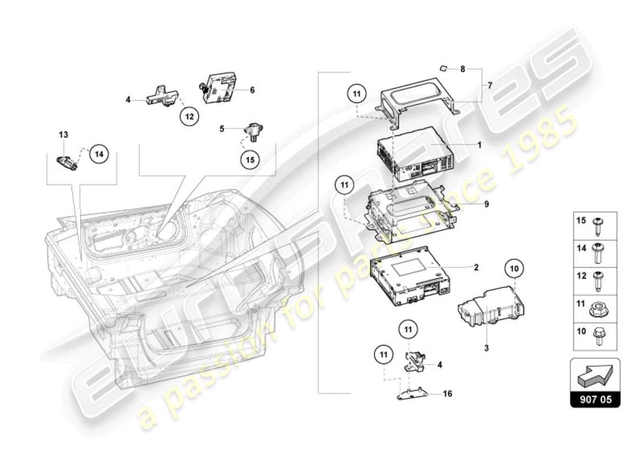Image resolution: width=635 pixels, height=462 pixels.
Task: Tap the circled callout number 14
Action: click(99, 154)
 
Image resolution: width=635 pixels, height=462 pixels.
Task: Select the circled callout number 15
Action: click(250, 161)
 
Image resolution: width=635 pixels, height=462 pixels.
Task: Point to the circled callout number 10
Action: click(514, 268)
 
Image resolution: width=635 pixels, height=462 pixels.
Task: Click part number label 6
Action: click(252, 90)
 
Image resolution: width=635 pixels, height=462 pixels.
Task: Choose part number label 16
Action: click(448, 394)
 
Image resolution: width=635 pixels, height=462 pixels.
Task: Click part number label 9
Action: click(487, 204)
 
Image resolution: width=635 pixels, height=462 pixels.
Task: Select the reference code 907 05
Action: click(595, 398)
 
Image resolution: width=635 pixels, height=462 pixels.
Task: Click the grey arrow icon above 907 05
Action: click(595, 375)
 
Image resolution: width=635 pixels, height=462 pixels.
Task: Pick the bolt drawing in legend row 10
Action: click(597, 336)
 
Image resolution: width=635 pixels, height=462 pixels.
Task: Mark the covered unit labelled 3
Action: click(488, 301)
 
